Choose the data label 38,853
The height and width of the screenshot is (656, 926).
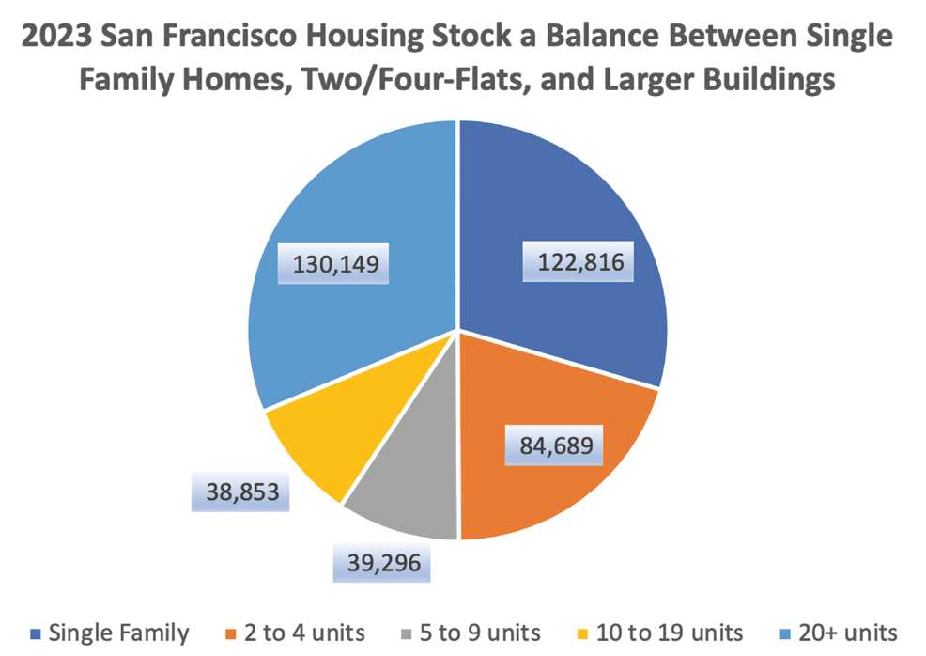pyautogui.click(x=241, y=490)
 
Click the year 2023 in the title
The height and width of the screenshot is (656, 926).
pyautogui.click(x=56, y=38)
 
